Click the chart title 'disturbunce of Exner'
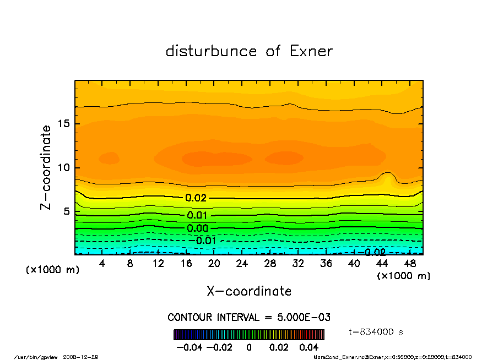pos(249,51)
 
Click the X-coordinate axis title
pos(249,291)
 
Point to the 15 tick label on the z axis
pos(63,124)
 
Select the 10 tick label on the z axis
pos(63,168)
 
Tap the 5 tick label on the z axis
pos(67,211)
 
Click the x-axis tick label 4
pos(102,264)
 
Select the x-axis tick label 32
pos(298,264)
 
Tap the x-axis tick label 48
pos(410,264)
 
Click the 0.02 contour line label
pos(196,198)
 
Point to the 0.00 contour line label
pos(197,228)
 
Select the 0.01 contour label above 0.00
pos(197,215)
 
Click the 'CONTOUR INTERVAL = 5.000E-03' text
pos(249,318)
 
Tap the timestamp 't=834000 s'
pos(376,332)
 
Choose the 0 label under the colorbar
pos(249,347)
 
